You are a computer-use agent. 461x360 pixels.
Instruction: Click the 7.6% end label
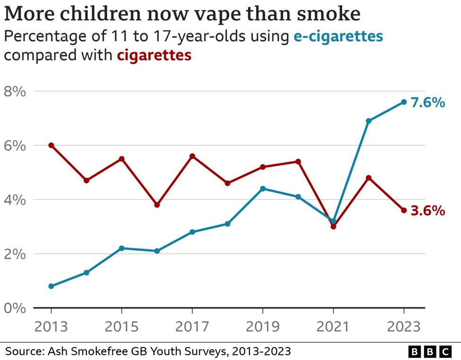point(427,102)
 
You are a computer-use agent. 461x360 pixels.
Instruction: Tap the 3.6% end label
point(427,211)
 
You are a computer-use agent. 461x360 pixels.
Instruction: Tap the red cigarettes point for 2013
point(51,146)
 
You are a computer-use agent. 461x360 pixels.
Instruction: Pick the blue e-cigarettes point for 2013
point(51,286)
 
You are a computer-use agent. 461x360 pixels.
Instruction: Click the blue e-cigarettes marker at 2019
point(263,189)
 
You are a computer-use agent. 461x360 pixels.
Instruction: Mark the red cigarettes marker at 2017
point(192,156)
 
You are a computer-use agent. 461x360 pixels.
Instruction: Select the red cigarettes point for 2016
point(157,205)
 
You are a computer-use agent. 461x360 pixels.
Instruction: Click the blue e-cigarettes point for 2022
point(368,121)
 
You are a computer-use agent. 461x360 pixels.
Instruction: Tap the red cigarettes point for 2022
point(368,178)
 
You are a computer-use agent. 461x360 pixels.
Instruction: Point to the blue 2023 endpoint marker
point(404,102)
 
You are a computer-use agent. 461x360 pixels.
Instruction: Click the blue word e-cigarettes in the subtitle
point(338,36)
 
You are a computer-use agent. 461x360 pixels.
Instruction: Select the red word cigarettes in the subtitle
point(154,55)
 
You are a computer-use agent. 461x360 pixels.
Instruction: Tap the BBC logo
point(430,351)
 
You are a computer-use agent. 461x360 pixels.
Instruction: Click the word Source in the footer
point(22,351)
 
